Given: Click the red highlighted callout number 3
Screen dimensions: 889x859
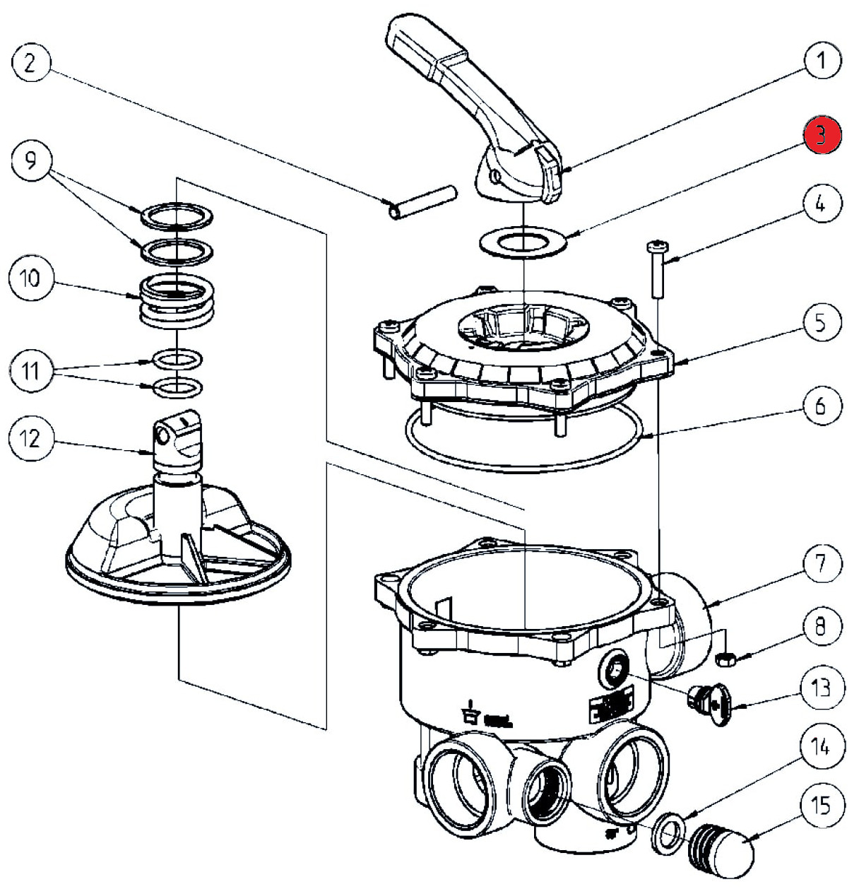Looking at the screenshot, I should (821, 135).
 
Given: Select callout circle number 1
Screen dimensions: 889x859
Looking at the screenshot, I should (821, 61).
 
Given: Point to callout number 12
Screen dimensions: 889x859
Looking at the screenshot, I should (29, 439).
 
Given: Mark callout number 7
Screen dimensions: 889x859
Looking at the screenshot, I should (821, 563).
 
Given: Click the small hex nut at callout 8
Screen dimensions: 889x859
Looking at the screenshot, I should (725, 659).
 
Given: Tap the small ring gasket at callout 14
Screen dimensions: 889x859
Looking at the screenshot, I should (667, 830).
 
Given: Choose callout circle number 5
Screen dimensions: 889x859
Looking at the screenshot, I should (821, 322).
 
